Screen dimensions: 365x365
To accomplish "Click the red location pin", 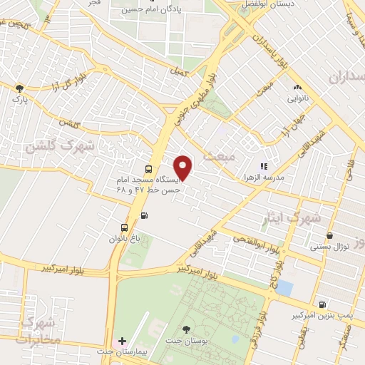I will click(184, 167).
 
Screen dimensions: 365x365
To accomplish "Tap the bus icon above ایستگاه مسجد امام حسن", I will click(148, 170).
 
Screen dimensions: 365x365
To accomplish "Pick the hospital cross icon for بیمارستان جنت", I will click(122, 342).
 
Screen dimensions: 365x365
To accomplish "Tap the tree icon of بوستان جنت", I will click(186, 329).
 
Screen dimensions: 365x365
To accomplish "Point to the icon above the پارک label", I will click(20, 88).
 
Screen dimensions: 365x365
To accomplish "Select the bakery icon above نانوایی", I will click(297, 88).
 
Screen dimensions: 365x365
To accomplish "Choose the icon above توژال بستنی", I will click(329, 235).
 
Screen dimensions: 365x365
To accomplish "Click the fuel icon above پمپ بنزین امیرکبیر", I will click(322, 304).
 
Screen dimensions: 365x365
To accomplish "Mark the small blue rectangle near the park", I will click(284, 288).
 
